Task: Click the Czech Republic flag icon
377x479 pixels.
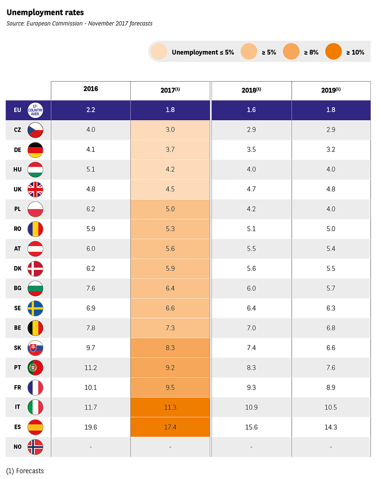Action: (35, 130)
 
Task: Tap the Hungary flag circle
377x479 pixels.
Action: (35, 170)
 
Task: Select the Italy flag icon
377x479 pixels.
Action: (35, 407)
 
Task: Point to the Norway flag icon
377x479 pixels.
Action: (35, 447)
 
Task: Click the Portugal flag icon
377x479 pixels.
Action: (35, 368)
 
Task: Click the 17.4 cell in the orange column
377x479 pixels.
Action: (170, 427)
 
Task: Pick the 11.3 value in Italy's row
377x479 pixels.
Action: (170, 407)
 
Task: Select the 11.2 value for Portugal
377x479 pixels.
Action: (91, 368)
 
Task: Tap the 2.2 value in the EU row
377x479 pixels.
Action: (91, 110)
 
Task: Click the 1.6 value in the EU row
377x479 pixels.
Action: (251, 110)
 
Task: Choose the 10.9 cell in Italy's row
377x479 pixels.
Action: (251, 407)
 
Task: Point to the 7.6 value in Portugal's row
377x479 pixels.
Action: (330, 368)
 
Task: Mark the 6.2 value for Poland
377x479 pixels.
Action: (91, 209)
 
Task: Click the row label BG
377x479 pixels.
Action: (18, 289)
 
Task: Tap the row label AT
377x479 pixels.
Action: (18, 249)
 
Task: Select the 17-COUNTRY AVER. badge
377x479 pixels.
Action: (35, 110)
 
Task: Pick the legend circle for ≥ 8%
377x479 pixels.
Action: (291, 52)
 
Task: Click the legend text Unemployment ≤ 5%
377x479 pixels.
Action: (203, 52)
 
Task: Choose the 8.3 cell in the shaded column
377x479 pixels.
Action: (170, 348)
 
